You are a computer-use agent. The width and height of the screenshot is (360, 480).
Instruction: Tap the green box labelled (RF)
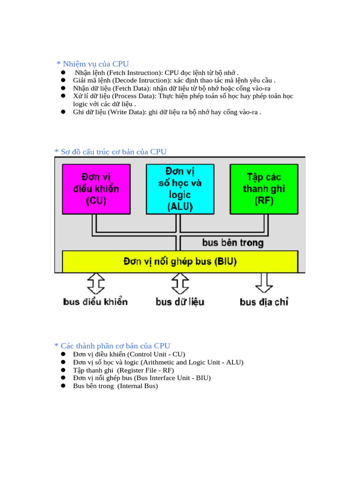point(263,189)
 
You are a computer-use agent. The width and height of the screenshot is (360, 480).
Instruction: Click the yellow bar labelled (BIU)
point(180,261)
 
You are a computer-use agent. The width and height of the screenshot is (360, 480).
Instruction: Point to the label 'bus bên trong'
point(232,243)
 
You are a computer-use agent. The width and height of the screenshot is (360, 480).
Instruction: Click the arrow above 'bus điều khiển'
point(96,284)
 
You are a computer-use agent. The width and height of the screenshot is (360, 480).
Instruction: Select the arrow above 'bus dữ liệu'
point(180,284)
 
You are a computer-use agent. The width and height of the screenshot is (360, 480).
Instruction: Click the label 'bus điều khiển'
point(95,302)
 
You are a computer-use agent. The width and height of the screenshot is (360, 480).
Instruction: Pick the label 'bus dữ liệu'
point(180,302)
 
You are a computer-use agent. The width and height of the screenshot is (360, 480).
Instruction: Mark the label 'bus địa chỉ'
point(264,302)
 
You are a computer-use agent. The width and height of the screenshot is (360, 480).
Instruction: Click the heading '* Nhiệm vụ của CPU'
point(92,64)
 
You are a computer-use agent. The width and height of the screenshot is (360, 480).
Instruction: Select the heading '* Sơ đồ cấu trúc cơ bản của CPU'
point(110,151)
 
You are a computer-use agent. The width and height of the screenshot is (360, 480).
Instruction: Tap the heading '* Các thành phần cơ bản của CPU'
point(112,346)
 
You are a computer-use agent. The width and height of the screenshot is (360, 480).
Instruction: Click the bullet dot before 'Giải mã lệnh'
point(62,81)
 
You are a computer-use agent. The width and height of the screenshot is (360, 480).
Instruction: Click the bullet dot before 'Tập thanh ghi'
point(62,370)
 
